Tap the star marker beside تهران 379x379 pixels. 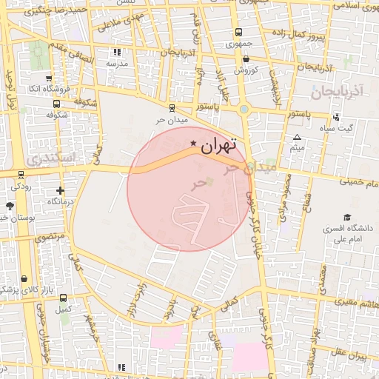click(194, 143)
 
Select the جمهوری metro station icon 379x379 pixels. click(238, 33)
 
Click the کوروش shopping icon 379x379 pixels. click(239, 61)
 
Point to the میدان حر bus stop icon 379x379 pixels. click(172, 108)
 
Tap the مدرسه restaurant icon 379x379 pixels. click(117, 53)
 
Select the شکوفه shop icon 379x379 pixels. click(49, 104)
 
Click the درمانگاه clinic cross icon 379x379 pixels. click(60, 190)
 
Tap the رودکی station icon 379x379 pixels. click(21, 176)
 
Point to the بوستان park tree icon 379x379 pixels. click(9, 206)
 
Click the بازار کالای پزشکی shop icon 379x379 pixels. click(24, 279)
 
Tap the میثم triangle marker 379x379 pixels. click(297, 138)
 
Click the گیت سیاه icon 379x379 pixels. click(337, 117)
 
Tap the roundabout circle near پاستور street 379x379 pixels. click(244, 110)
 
